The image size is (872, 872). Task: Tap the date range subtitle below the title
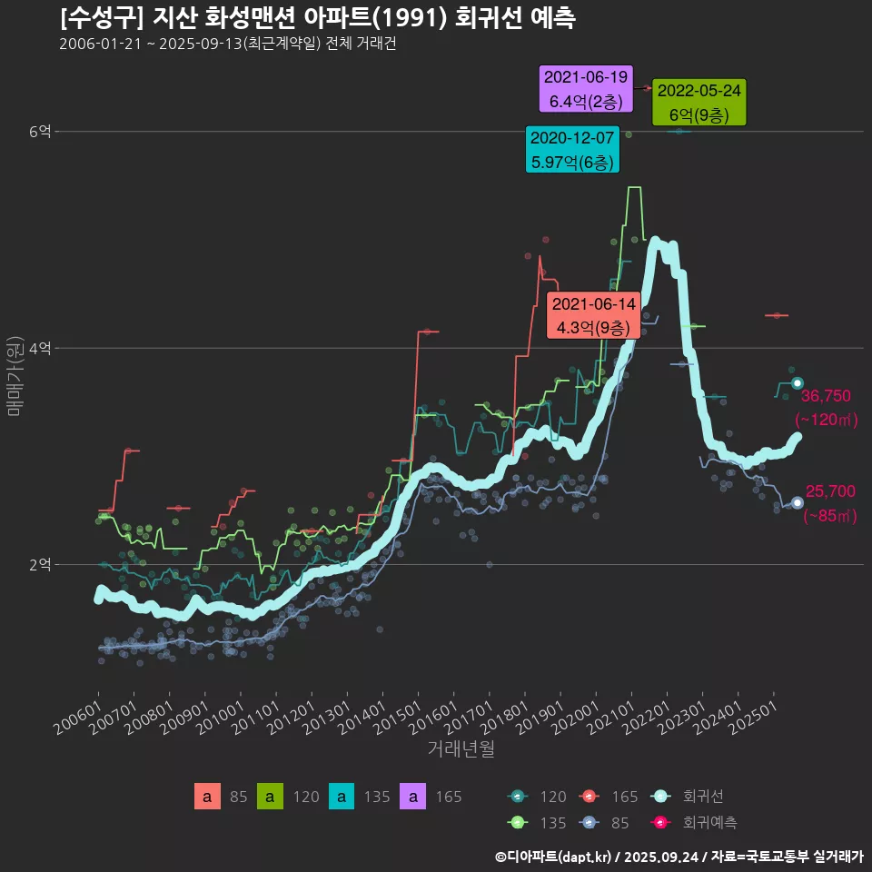[x=227, y=45]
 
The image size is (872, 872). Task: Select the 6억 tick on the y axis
[x=40, y=132]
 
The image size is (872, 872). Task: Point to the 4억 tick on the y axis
[x=40, y=348]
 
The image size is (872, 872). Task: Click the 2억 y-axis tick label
[x=40, y=564]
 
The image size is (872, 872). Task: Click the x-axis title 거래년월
[x=461, y=749]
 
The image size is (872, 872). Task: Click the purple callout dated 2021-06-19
[x=586, y=89]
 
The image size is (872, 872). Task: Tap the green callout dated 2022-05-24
[x=699, y=103]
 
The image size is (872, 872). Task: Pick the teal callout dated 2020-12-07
[x=572, y=150]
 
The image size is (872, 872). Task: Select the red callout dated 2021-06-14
[x=594, y=315]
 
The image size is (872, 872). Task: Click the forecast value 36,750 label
[x=826, y=396]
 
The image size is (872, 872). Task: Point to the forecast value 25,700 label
[x=830, y=491]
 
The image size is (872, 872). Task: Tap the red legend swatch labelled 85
[x=207, y=797]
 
